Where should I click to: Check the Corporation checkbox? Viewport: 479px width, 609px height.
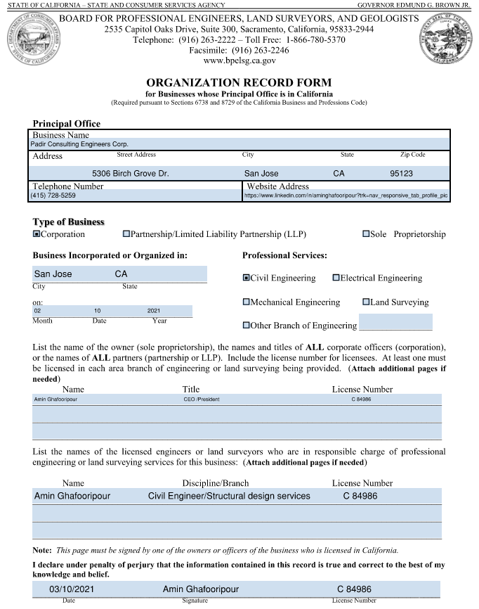pyautogui.click(x=37, y=234)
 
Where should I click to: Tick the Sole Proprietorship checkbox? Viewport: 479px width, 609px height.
pyautogui.click(x=367, y=234)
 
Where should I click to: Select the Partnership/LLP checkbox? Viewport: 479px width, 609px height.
pyautogui.click(x=126, y=234)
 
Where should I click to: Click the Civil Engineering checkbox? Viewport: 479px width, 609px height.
pyautogui.click(x=246, y=278)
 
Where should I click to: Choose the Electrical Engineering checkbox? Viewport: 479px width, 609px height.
pyautogui.click(x=336, y=278)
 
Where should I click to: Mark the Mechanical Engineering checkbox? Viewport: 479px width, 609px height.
pyautogui.click(x=246, y=302)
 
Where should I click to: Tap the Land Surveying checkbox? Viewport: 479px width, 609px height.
pyautogui.click(x=366, y=302)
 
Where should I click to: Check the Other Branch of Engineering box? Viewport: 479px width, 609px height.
pyautogui.click(x=246, y=326)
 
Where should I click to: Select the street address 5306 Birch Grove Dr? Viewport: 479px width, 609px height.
pyautogui.click(x=130, y=173)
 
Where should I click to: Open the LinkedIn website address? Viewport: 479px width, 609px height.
pyautogui.click(x=345, y=195)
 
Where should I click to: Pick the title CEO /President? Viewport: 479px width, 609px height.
pyautogui.click(x=202, y=399)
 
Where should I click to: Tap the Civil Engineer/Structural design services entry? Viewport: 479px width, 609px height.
pyautogui.click(x=229, y=496)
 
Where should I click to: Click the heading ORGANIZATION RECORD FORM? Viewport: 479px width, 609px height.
pyautogui.click(x=239, y=82)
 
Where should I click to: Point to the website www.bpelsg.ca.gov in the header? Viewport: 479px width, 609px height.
pyautogui.click(x=239, y=61)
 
